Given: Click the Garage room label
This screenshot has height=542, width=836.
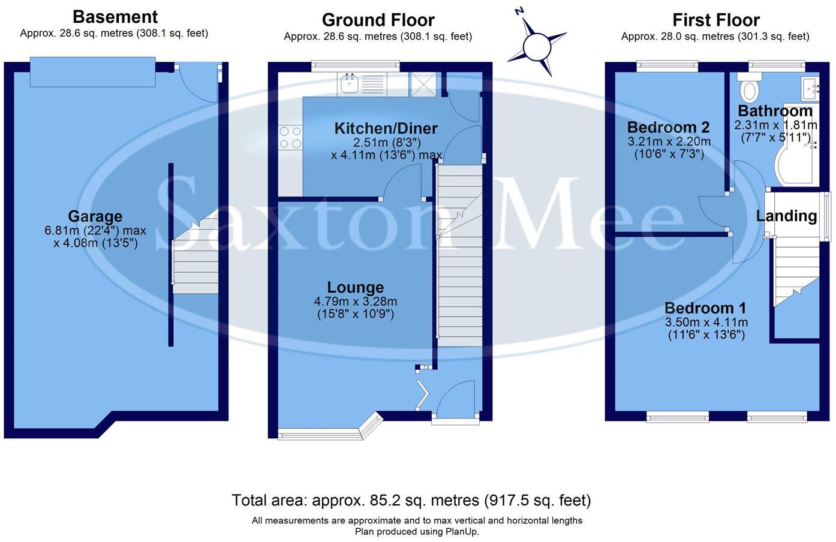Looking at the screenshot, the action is (95, 216).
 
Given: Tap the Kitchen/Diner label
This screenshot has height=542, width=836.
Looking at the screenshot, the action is (386, 128).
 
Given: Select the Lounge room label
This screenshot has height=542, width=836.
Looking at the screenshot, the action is (355, 287).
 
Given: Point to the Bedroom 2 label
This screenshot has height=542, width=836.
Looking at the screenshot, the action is (669, 128).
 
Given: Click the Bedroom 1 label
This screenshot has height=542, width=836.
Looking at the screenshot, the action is (705, 308).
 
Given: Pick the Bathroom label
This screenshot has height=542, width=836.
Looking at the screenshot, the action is (775, 111).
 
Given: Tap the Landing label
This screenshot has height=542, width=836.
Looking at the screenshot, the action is (786, 216).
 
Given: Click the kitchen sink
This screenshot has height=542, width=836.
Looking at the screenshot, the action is (361, 85).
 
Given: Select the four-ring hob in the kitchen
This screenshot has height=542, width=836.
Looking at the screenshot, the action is (290, 137).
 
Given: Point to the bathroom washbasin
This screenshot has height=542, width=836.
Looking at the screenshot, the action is (810, 89).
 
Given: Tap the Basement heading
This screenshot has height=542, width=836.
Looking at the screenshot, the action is (115, 17).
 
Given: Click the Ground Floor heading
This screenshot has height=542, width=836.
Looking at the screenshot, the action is (378, 20).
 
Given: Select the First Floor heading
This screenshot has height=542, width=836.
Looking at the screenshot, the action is (716, 20).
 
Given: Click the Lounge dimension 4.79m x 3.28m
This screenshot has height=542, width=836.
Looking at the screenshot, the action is (355, 302).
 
